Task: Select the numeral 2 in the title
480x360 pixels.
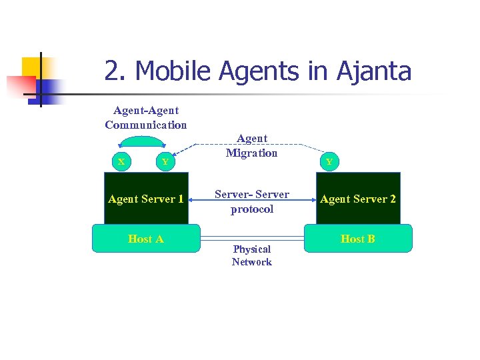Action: point(113,71)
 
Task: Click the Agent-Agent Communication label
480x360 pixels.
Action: point(146,117)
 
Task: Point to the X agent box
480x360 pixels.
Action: point(121,161)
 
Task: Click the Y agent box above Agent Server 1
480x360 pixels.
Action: point(165,162)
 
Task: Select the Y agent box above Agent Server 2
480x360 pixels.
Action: point(329,162)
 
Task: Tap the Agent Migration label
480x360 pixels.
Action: point(251,145)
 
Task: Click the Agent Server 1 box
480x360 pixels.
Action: point(146,199)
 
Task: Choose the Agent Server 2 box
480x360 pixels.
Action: point(358,199)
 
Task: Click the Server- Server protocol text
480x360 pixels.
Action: point(252,201)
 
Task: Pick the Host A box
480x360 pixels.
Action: point(146,239)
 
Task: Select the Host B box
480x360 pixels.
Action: point(358,239)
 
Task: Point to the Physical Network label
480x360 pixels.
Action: point(252,255)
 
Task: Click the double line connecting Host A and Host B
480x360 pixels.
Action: point(252,237)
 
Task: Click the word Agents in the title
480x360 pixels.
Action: point(261,71)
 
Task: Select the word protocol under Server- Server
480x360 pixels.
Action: point(252,209)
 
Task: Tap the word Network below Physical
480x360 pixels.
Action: point(252,262)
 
